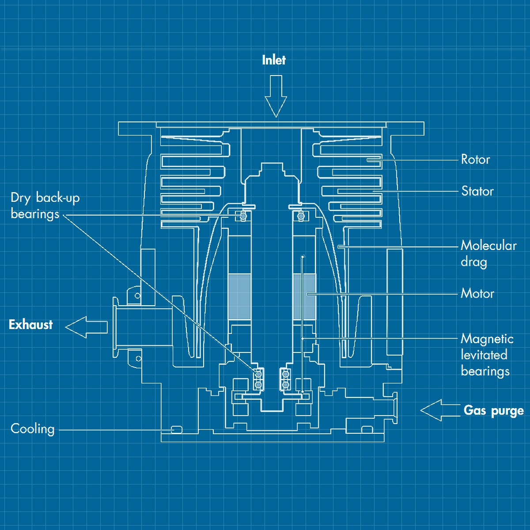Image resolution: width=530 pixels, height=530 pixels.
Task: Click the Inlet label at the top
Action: (x=273, y=60)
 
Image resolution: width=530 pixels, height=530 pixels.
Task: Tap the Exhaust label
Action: (x=31, y=325)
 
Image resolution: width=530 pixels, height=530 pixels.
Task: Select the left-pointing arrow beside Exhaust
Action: (x=86, y=327)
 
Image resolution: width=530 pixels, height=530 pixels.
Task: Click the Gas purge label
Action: (x=493, y=411)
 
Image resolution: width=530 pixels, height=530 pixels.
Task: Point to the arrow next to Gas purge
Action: (x=439, y=410)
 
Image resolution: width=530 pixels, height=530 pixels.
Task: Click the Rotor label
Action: (x=475, y=159)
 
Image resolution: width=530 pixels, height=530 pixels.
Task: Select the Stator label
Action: (x=477, y=191)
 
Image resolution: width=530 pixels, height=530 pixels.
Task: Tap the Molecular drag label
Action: (x=488, y=254)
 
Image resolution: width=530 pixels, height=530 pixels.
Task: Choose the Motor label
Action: (x=477, y=293)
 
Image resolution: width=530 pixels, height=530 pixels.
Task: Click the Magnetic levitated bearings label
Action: (x=487, y=355)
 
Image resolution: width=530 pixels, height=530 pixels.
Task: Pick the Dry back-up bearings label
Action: (x=45, y=206)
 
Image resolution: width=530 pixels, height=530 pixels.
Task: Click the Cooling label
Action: (x=33, y=429)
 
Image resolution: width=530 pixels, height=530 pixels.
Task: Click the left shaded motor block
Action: (x=239, y=296)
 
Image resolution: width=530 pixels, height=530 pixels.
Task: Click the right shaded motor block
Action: (x=304, y=296)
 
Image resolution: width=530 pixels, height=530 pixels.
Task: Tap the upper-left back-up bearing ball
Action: (x=242, y=216)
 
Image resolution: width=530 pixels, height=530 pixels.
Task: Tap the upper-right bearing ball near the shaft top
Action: (x=301, y=216)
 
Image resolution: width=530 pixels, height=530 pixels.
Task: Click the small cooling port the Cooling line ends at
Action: (x=176, y=429)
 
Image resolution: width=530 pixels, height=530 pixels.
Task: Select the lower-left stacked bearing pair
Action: (x=258, y=380)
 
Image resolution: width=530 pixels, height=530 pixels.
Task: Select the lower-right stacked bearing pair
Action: (x=285, y=380)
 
